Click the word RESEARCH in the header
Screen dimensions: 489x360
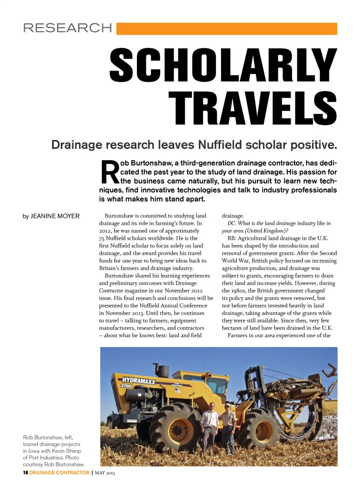(67, 28)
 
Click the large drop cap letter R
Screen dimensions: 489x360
(109, 172)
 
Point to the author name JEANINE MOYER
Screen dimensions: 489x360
(55, 216)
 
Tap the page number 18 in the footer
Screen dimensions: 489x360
(25, 472)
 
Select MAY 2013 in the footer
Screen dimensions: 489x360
(105, 473)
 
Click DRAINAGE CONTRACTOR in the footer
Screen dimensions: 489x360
(59, 472)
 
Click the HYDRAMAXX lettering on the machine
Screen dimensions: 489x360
(138, 381)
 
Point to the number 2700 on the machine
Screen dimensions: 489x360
(126, 386)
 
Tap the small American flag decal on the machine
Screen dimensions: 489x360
(177, 390)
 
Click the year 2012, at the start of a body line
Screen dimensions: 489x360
(105, 231)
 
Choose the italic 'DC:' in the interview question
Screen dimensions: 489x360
(232, 223)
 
